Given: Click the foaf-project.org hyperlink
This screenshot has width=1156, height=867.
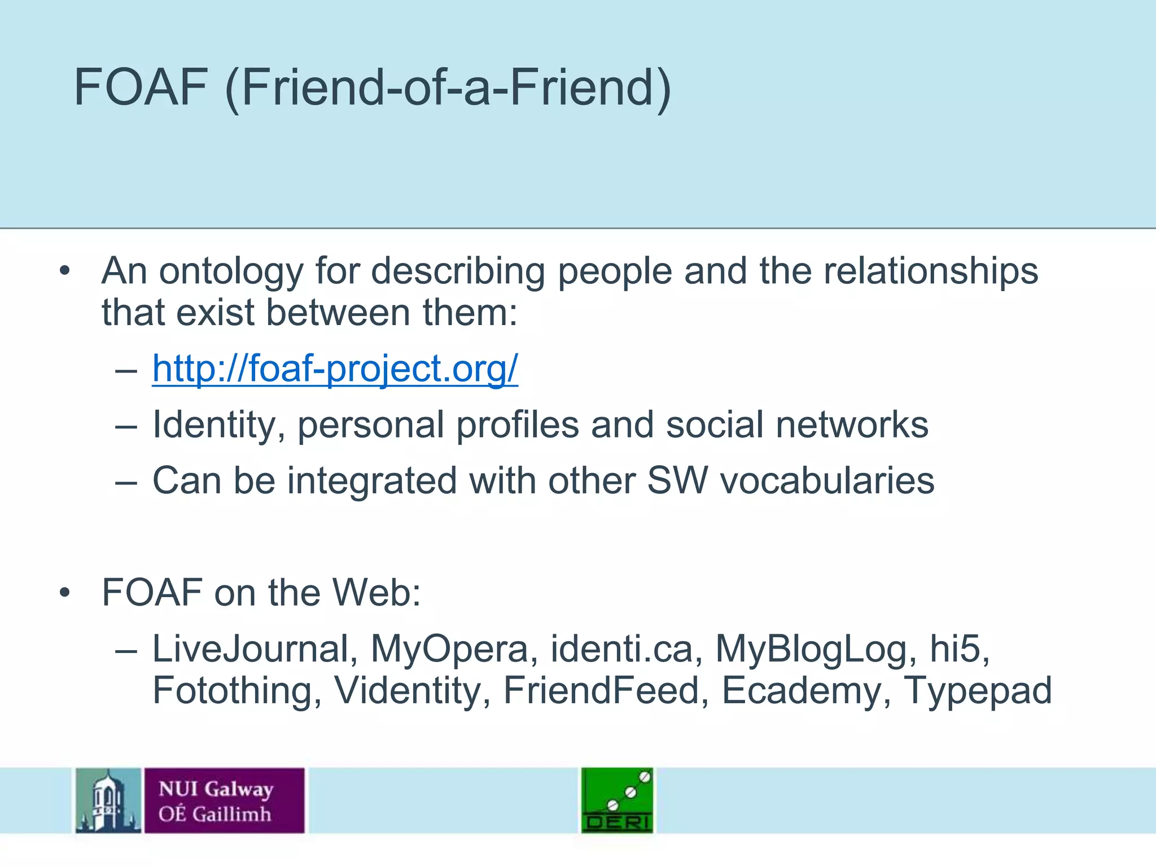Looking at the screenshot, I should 335,369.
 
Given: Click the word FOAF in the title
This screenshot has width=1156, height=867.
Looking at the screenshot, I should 141,87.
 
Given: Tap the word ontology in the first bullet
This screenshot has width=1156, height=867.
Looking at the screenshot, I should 231,272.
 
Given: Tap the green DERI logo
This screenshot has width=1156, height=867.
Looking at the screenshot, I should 618,800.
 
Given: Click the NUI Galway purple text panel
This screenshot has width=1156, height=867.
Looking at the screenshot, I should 224,800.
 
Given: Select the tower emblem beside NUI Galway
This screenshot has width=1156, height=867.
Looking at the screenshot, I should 108,800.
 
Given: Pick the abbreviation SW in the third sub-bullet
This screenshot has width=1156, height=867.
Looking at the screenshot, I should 677,480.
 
